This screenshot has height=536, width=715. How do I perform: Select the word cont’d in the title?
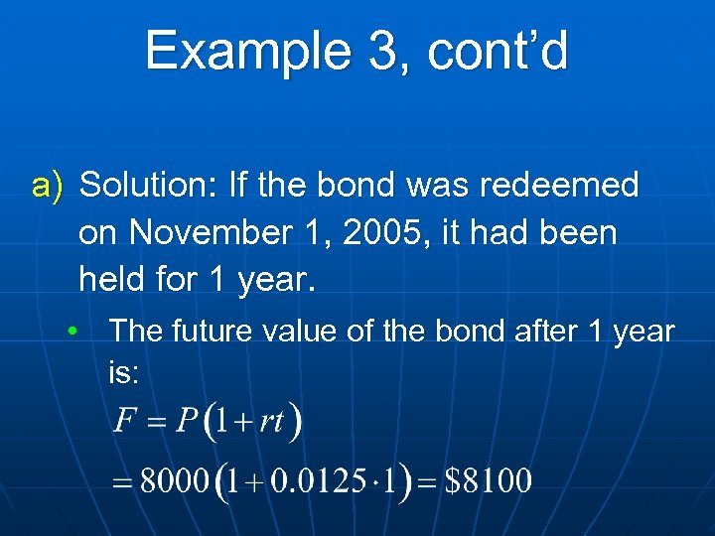pyautogui.click(x=498, y=51)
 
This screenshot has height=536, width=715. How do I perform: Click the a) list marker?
pyautogui.click(x=48, y=186)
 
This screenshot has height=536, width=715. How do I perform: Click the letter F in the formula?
pyautogui.click(x=124, y=422)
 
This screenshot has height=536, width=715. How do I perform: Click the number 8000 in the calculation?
pyautogui.click(x=174, y=482)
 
